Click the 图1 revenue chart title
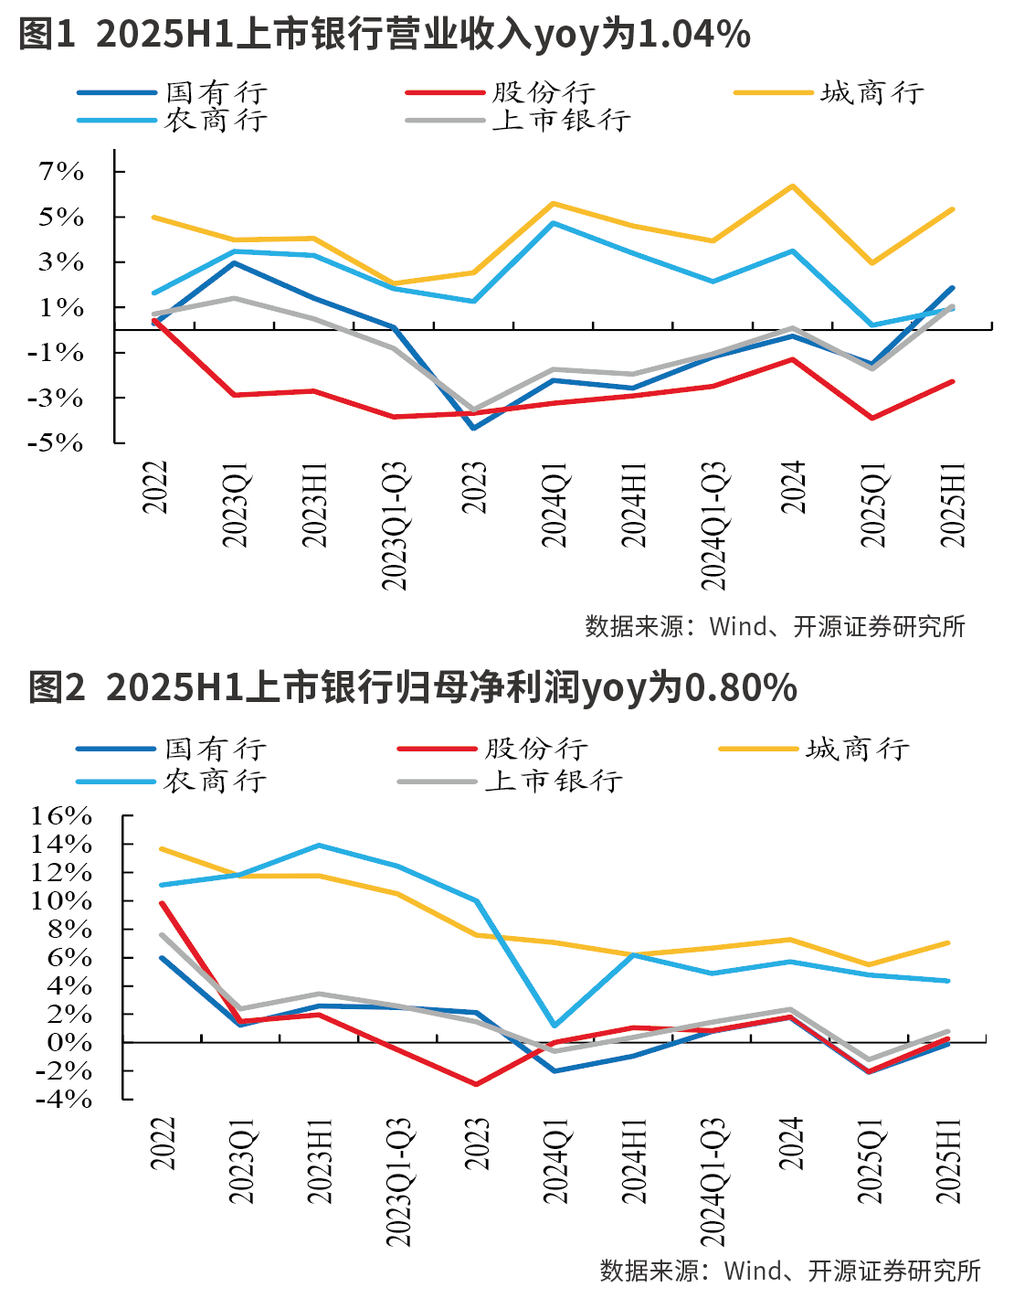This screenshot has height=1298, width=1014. click(x=384, y=35)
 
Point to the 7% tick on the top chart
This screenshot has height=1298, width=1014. click(x=61, y=172)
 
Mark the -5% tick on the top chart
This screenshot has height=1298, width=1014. click(x=60, y=442)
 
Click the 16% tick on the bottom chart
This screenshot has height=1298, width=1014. click(x=61, y=815)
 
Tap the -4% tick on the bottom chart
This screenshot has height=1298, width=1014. click(x=63, y=1099)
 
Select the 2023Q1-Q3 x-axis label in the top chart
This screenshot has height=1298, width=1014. click(x=395, y=526)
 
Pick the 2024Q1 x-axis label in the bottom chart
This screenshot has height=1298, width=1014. click(x=556, y=1159)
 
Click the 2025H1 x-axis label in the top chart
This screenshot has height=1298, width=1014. click(x=954, y=505)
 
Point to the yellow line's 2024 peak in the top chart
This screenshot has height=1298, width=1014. click(x=792, y=186)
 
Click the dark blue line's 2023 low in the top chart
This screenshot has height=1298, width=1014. click(x=474, y=428)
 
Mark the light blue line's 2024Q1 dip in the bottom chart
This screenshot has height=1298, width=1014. click(x=555, y=1026)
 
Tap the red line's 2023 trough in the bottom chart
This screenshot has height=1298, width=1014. click(x=476, y=1084)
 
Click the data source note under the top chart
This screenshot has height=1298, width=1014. click(x=775, y=627)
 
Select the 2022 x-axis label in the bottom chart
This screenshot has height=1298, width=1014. click(x=162, y=1143)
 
